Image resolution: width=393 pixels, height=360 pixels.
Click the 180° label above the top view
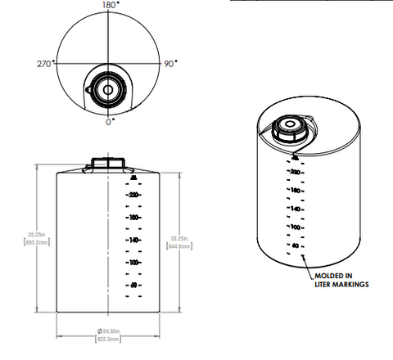click(x=110, y=5)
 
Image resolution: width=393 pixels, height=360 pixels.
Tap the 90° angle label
click(x=170, y=63)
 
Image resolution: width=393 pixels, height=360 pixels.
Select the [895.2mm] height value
click(x=31, y=242)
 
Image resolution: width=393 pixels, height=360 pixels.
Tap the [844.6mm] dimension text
click(x=179, y=245)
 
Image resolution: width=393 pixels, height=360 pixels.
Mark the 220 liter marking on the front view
click(x=133, y=195)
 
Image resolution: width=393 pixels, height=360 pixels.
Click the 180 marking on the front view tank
click(x=133, y=218)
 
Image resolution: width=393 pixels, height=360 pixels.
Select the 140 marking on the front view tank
click(x=133, y=240)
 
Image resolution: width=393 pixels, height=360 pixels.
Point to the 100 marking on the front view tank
click(x=133, y=262)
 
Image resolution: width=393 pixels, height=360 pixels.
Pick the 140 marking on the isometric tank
click(x=296, y=209)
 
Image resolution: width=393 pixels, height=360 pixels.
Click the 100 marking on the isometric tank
click(x=296, y=227)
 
